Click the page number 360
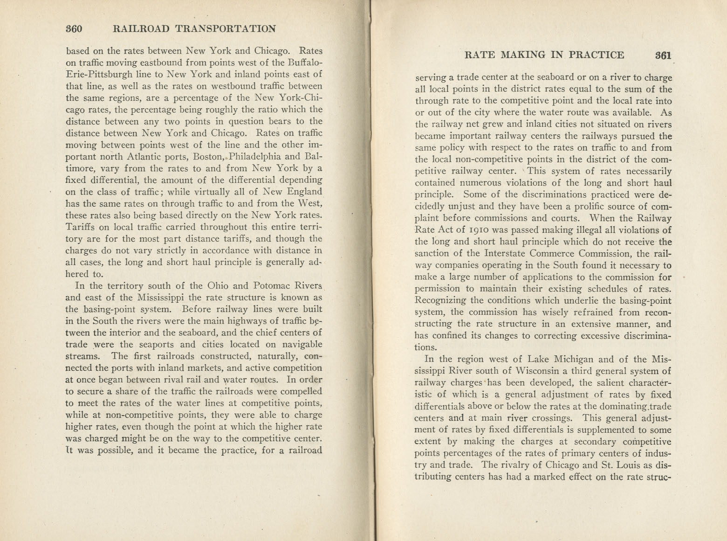tap(74, 29)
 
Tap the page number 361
tap(662, 55)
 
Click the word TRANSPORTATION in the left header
tap(225, 29)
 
